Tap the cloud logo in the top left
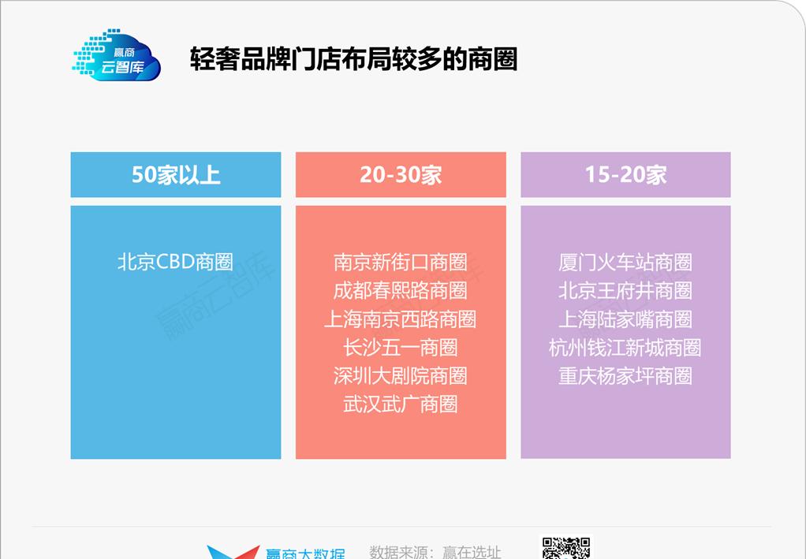(117, 55)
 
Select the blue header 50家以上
(176, 174)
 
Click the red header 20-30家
(401, 174)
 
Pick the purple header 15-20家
(625, 174)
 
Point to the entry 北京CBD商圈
(175, 262)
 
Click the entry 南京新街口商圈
(400, 262)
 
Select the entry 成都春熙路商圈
(400, 290)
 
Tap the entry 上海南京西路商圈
(400, 319)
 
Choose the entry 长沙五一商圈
(400, 347)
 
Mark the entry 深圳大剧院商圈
(400, 375)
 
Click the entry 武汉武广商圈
(400, 404)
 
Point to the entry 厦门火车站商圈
(625, 262)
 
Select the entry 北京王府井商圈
(625, 290)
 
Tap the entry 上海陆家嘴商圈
(625, 319)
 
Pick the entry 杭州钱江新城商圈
(625, 347)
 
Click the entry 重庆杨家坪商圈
(625, 375)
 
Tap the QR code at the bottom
(565, 549)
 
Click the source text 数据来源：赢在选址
(435, 552)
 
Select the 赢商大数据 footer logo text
(304, 553)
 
